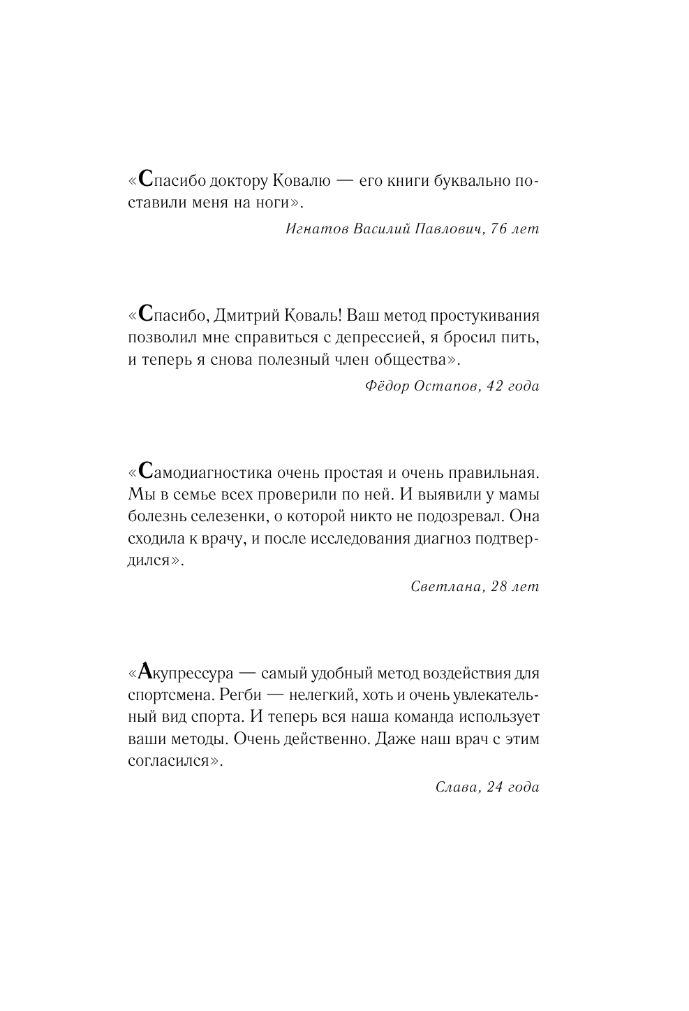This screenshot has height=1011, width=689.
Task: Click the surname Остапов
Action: click(444, 386)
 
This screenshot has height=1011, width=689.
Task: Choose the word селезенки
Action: click(223, 517)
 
